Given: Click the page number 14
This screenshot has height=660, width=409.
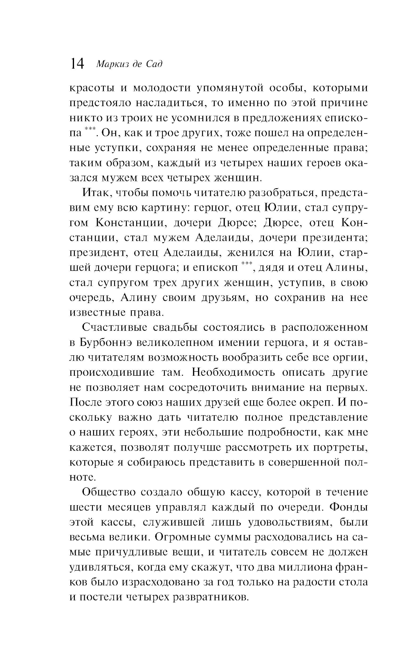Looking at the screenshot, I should click(x=77, y=64).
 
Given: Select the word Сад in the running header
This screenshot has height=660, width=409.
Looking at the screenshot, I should click(x=154, y=64).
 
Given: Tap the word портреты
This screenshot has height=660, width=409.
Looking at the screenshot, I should click(x=340, y=447).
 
